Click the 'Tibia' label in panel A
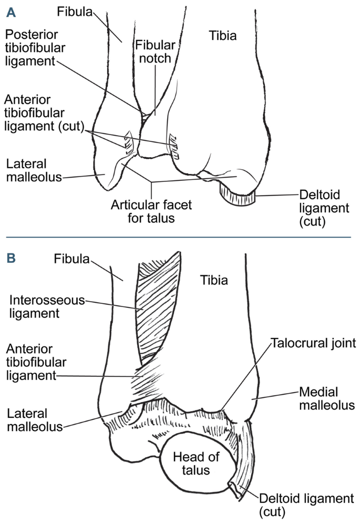(x=222, y=36)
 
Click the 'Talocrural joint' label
(x=313, y=343)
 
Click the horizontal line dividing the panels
(x=180, y=238)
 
